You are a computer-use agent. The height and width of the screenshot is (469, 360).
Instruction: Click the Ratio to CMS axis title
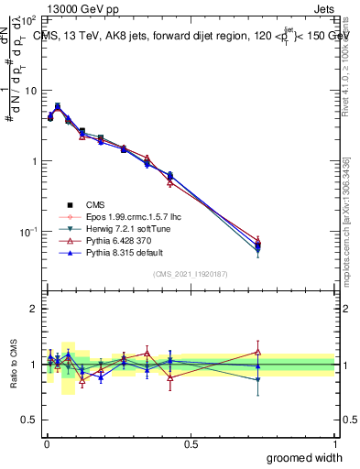click(x=13, y=364)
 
